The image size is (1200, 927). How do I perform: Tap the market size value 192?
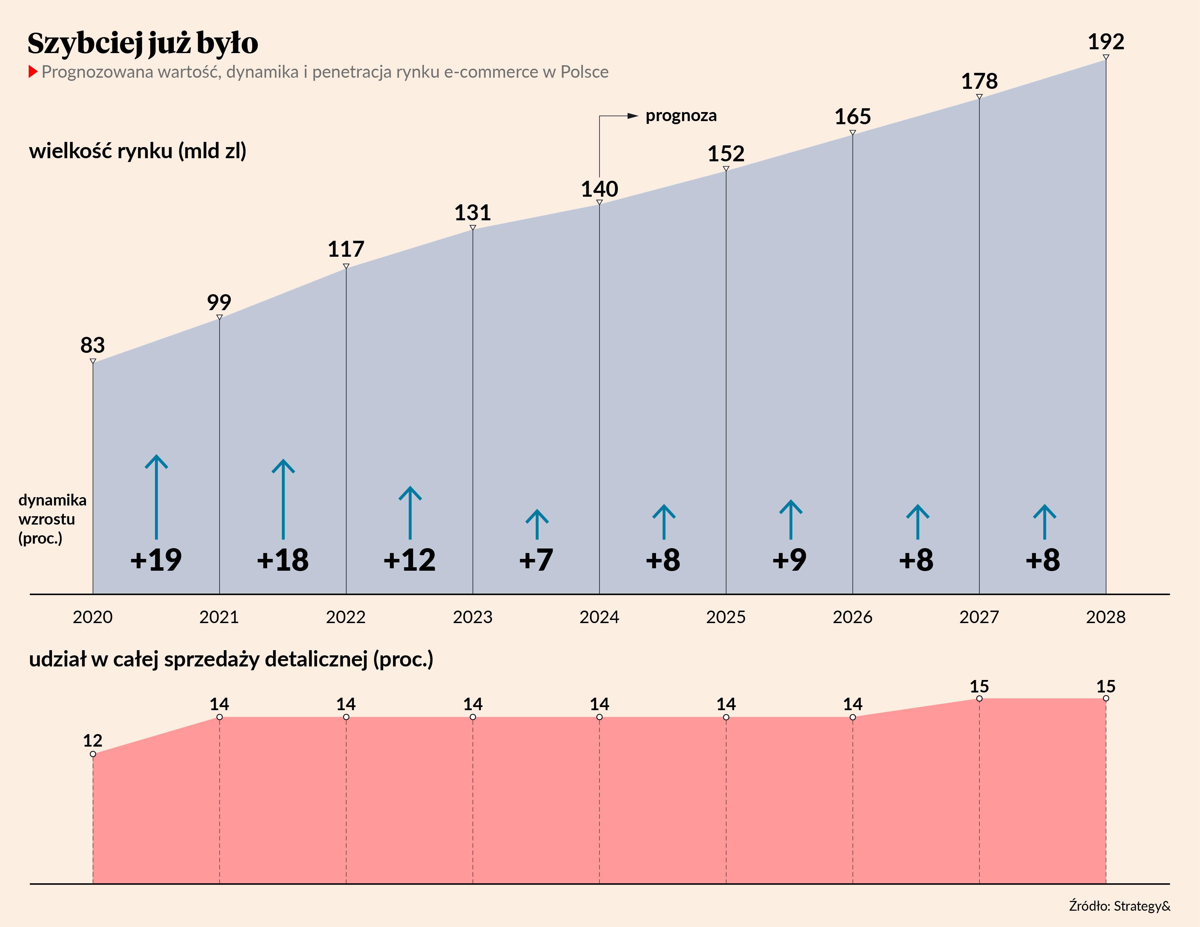[1106, 42]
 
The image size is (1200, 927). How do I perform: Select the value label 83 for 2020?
[92, 345]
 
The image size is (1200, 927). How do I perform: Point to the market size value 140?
[599, 189]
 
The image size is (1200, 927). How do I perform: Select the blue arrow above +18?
[283, 499]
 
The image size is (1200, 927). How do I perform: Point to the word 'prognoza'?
[681, 116]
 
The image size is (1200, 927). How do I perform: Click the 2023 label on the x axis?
[473, 617]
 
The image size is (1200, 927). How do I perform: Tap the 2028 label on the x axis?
[1106, 617]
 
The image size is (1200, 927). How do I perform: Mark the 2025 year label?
[726, 617]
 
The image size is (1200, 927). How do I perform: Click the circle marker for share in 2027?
[979, 698]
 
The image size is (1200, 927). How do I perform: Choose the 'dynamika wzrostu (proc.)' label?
[52, 519]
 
